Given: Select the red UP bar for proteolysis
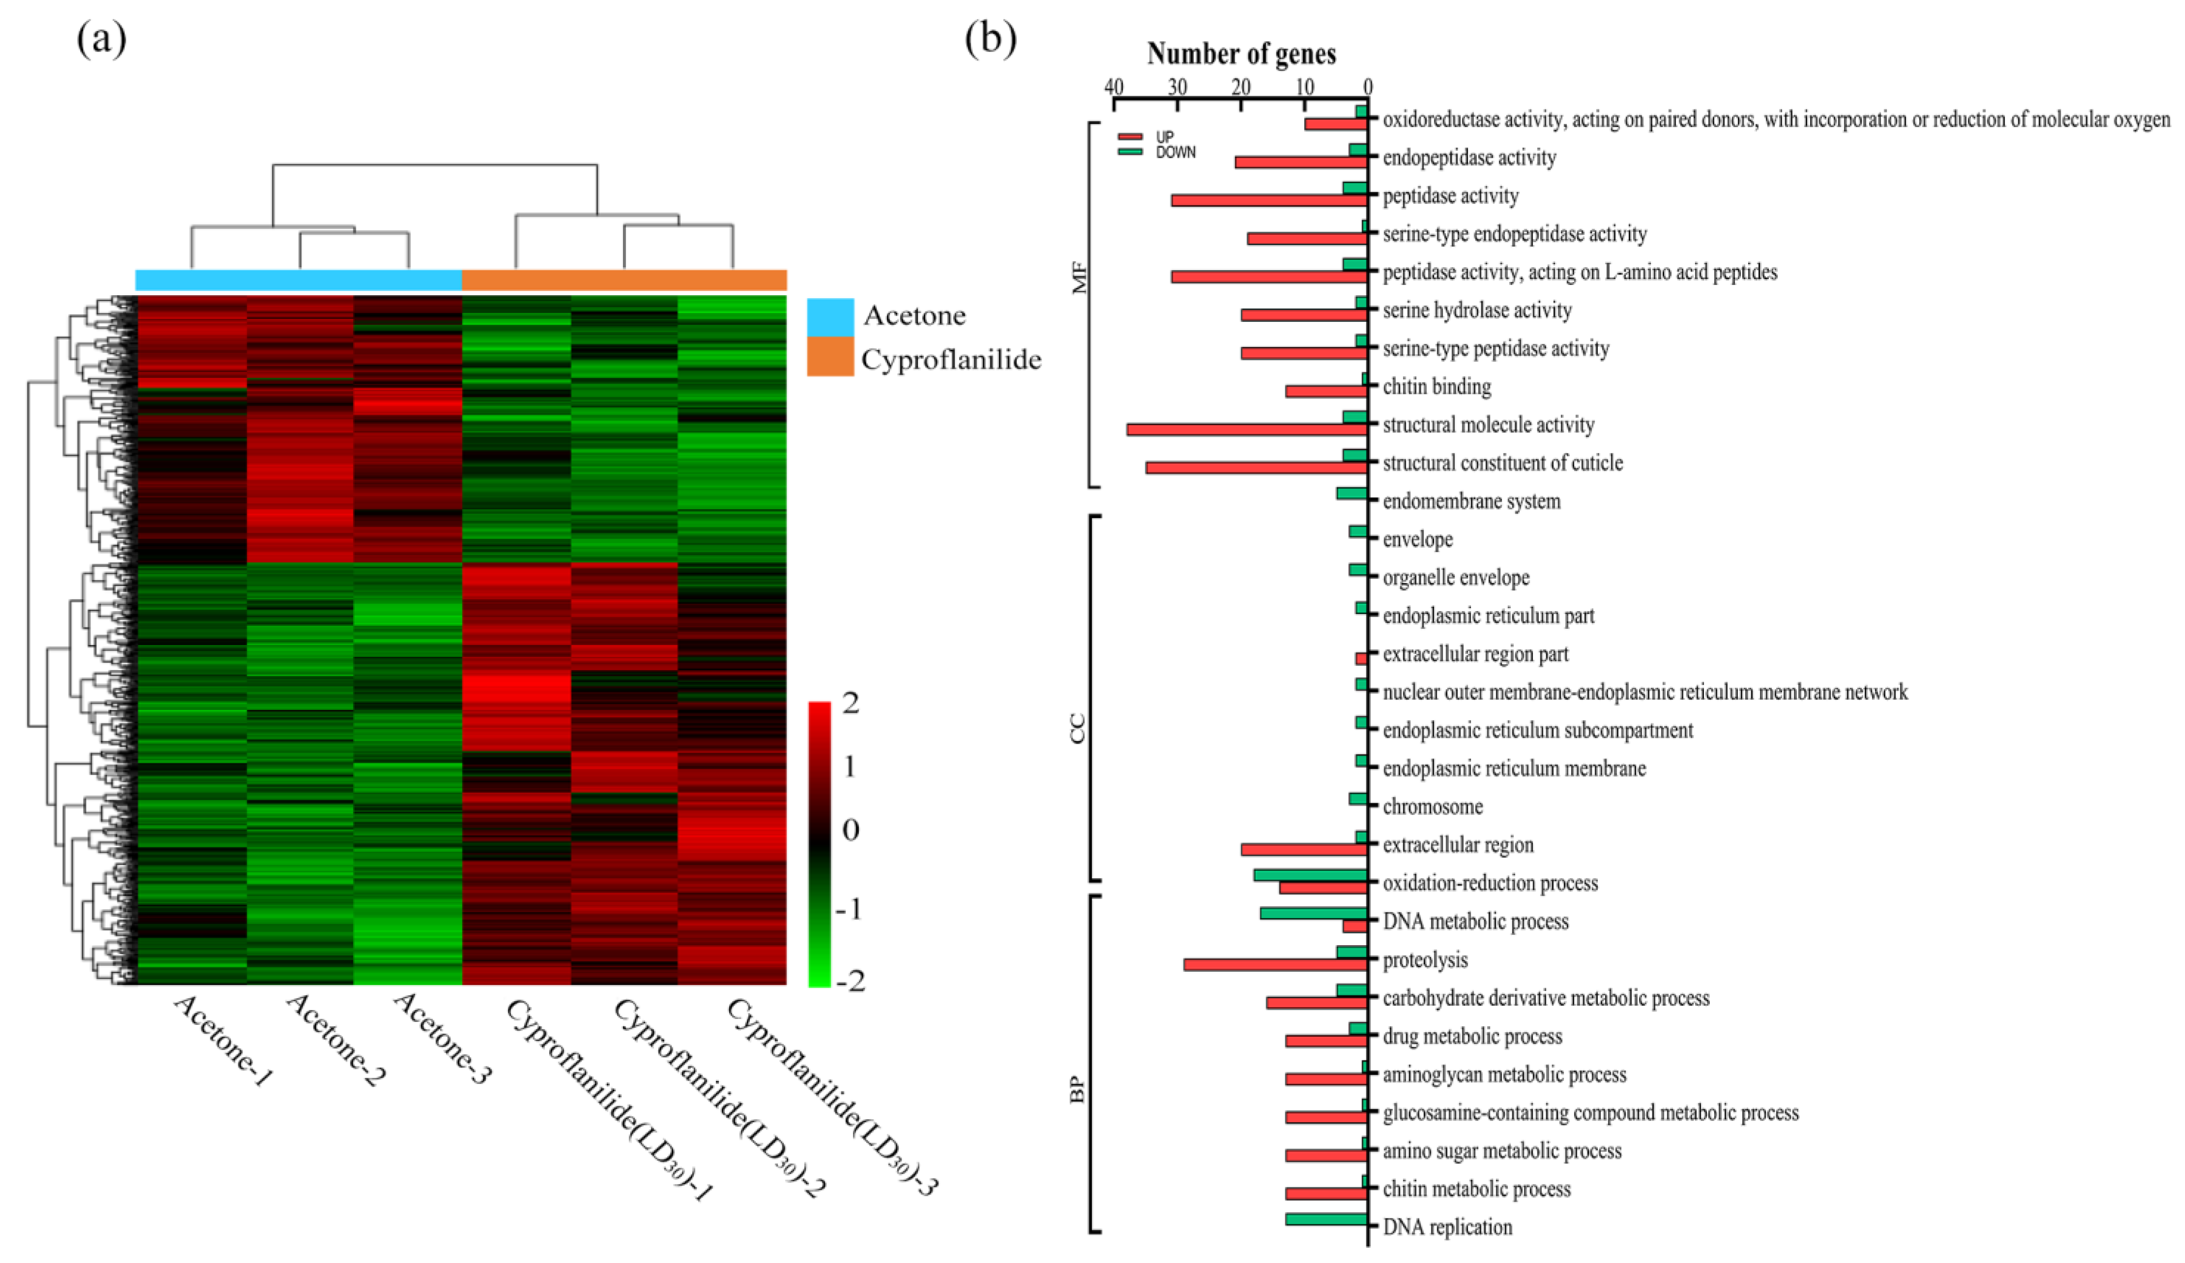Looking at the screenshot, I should point(1275,965).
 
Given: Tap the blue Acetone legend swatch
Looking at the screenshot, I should point(830,316).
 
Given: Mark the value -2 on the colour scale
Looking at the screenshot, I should point(848,982).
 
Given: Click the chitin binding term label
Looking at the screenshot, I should point(1437,387).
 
